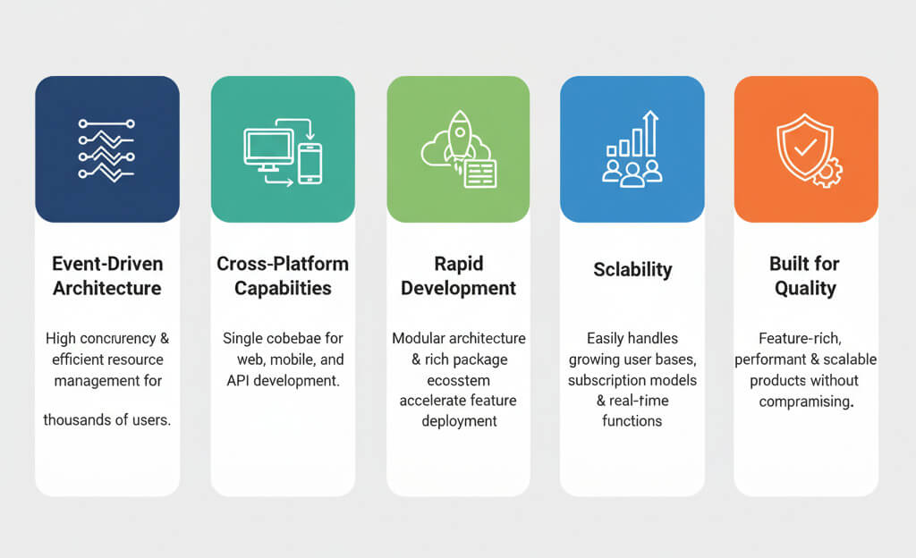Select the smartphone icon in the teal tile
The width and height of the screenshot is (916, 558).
click(x=310, y=163)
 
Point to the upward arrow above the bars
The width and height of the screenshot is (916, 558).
click(x=650, y=131)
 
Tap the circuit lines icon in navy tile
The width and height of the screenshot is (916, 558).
click(x=106, y=149)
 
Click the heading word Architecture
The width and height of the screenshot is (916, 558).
click(x=106, y=288)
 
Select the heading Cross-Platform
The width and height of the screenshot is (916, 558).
click(x=283, y=264)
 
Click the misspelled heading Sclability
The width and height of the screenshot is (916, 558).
click(x=632, y=269)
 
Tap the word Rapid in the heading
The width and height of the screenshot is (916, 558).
click(x=458, y=264)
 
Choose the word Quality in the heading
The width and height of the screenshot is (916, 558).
click(x=805, y=288)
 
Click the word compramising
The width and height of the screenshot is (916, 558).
click(x=805, y=402)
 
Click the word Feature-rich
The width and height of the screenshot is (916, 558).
click(x=805, y=338)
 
